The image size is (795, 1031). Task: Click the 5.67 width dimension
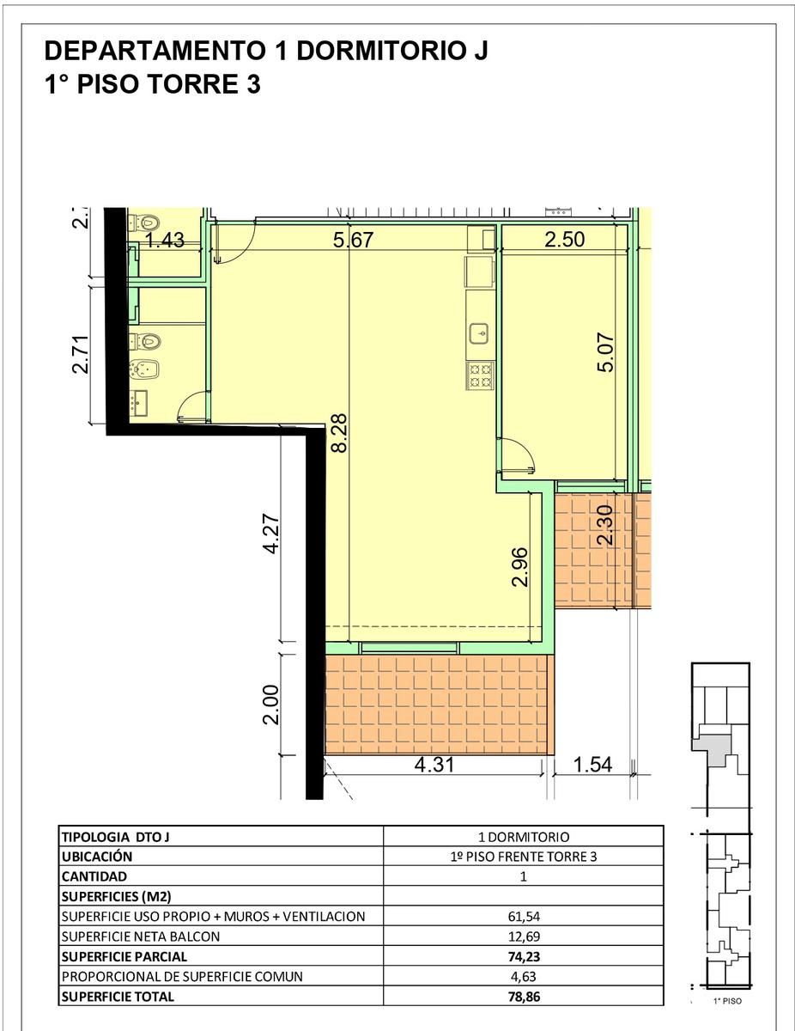point(353,240)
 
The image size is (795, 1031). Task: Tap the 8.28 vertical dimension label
point(339,433)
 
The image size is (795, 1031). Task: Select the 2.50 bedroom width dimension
point(564,239)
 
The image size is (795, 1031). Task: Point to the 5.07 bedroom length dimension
point(605,352)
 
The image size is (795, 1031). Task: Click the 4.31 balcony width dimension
point(434,765)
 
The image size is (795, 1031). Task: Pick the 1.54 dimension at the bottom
point(592,765)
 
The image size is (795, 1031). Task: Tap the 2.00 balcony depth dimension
point(270,705)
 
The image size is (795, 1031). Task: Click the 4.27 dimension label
point(270,533)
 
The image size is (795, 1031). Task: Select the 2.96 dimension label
point(520,567)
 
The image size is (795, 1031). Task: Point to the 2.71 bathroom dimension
point(80,354)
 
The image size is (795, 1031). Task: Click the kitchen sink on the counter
point(479,333)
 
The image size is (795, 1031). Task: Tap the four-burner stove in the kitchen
point(480,375)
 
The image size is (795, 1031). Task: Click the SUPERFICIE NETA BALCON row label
point(141,936)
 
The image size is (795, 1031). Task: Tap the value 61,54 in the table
point(524,916)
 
